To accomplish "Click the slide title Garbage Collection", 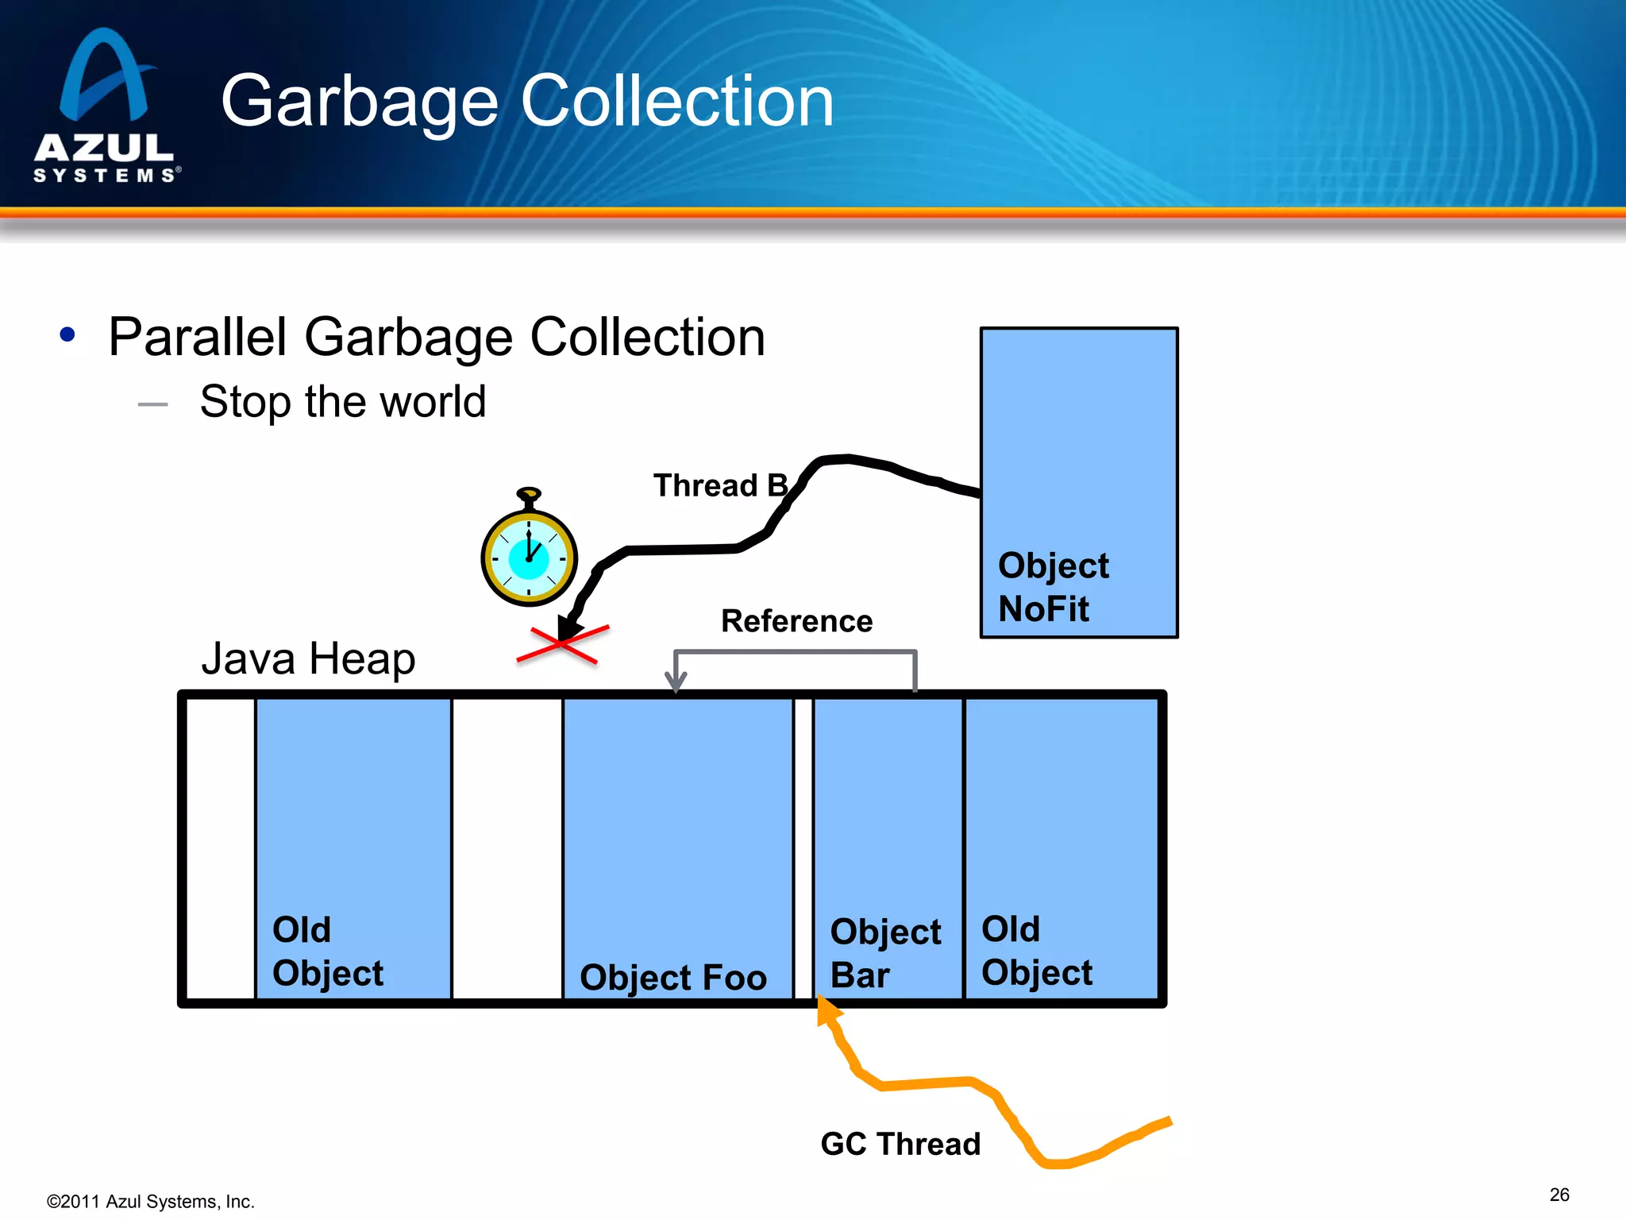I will click(527, 101).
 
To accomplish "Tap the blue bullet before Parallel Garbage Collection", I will click(67, 334).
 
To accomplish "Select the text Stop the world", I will click(342, 401).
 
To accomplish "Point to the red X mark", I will click(562, 644).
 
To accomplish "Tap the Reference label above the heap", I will click(796, 621).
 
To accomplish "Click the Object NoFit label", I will click(1053, 587).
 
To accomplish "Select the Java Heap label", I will click(308, 659).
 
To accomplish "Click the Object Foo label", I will click(673, 977).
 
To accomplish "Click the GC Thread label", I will click(900, 1144).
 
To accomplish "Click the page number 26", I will click(1559, 1195).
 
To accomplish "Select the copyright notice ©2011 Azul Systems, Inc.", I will click(151, 1202).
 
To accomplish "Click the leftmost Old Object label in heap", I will click(327, 952).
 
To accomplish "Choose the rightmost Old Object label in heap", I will click(1036, 951).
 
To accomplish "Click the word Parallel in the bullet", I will click(198, 338).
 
